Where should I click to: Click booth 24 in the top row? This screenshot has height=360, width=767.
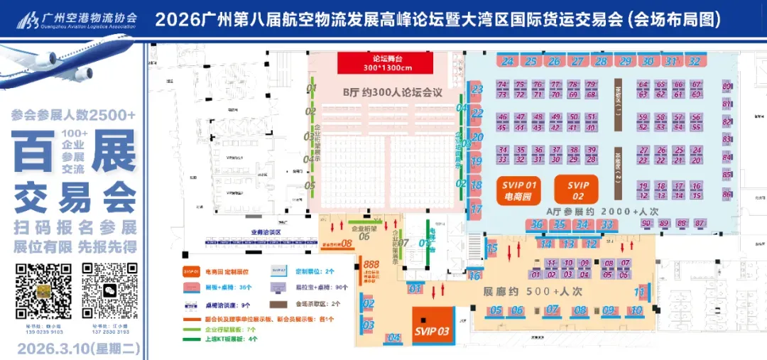(x=507, y=62)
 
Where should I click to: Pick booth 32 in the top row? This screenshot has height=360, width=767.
(x=694, y=62)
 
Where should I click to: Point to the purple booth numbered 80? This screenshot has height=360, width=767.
(x=727, y=87)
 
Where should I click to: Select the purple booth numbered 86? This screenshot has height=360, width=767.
(x=727, y=194)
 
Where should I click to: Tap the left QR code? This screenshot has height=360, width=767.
(x=43, y=291)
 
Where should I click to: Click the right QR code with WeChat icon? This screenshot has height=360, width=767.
(x=110, y=291)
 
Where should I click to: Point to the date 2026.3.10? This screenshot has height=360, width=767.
(x=78, y=349)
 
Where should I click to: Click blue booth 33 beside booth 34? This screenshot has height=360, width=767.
(x=606, y=225)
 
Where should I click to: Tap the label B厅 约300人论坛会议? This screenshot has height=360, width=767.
(x=392, y=92)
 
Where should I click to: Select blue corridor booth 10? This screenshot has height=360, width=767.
(x=636, y=310)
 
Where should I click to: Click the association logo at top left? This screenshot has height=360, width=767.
(x=28, y=20)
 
